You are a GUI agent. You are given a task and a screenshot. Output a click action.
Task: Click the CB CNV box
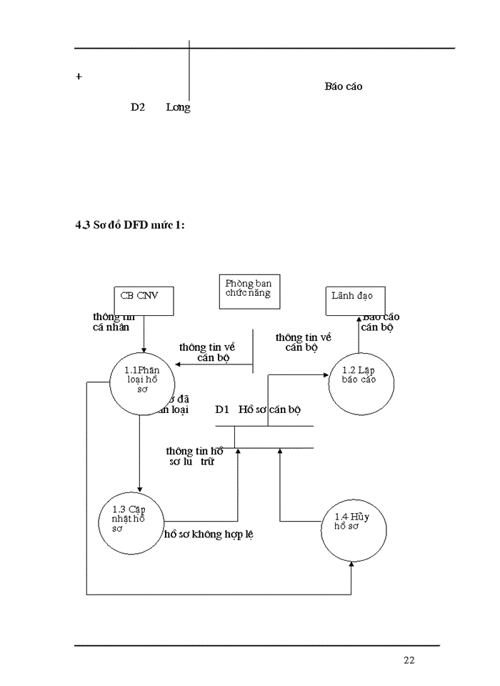click(x=144, y=300)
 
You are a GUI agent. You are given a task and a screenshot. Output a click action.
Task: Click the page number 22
click(x=409, y=660)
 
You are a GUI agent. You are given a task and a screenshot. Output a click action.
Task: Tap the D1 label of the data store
click(x=221, y=410)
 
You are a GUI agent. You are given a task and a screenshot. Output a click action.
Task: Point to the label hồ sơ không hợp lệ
click(x=209, y=534)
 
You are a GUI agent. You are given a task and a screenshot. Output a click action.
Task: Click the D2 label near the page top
click(x=138, y=107)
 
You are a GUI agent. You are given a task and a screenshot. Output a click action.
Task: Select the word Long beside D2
click(x=178, y=107)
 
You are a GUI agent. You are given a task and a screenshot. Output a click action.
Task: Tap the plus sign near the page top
click(x=79, y=76)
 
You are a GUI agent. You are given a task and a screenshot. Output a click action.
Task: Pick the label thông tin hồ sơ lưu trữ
click(x=194, y=457)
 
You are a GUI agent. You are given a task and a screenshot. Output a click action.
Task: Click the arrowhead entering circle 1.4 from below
click(x=351, y=565)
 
